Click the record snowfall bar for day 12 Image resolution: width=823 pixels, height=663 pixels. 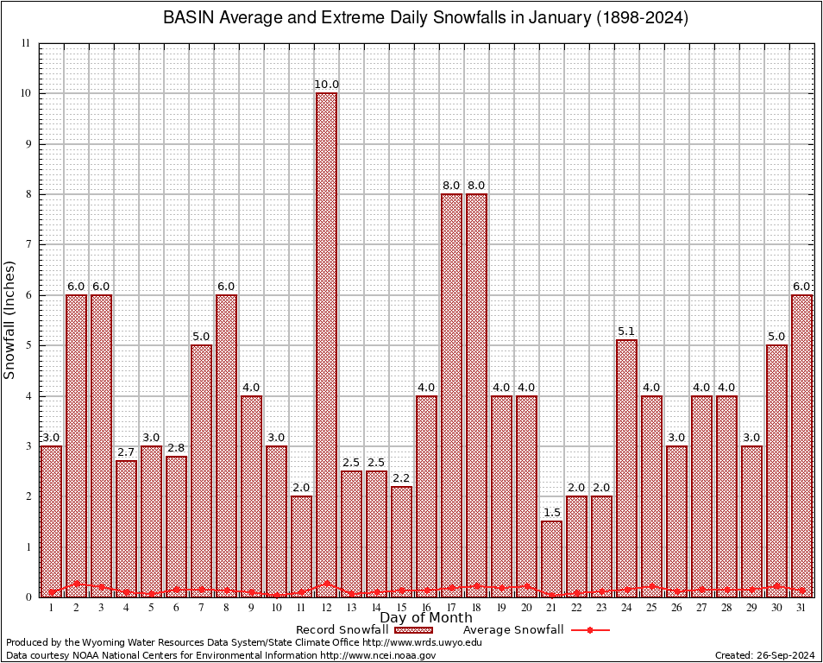pyautogui.click(x=326, y=345)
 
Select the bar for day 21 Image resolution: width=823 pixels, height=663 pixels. pyautogui.click(x=551, y=559)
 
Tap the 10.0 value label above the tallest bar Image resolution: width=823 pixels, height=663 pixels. pyautogui.click(x=326, y=85)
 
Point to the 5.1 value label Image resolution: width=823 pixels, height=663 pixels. pyautogui.click(x=626, y=331)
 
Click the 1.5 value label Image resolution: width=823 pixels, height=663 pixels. pyautogui.click(x=551, y=513)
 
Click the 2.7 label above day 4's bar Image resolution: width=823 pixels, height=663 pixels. pyautogui.click(x=126, y=452)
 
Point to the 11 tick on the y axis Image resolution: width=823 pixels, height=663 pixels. pyautogui.click(x=26, y=43)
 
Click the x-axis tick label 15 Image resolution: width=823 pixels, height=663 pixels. pyautogui.click(x=401, y=608)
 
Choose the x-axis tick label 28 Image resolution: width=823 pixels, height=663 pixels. pyautogui.click(x=726, y=608)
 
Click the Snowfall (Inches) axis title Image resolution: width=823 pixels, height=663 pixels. pyautogui.click(x=10, y=319)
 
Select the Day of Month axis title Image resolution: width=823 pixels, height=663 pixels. pyautogui.click(x=425, y=618)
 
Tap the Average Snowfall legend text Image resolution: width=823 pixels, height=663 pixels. pyautogui.click(x=513, y=630)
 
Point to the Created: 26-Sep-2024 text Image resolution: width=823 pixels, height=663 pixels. pyautogui.click(x=764, y=655)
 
